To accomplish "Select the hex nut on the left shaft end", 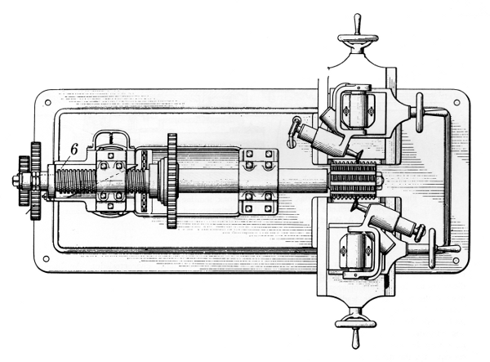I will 16,181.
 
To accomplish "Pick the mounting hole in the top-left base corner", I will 47,103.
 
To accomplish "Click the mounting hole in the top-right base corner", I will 455,103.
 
